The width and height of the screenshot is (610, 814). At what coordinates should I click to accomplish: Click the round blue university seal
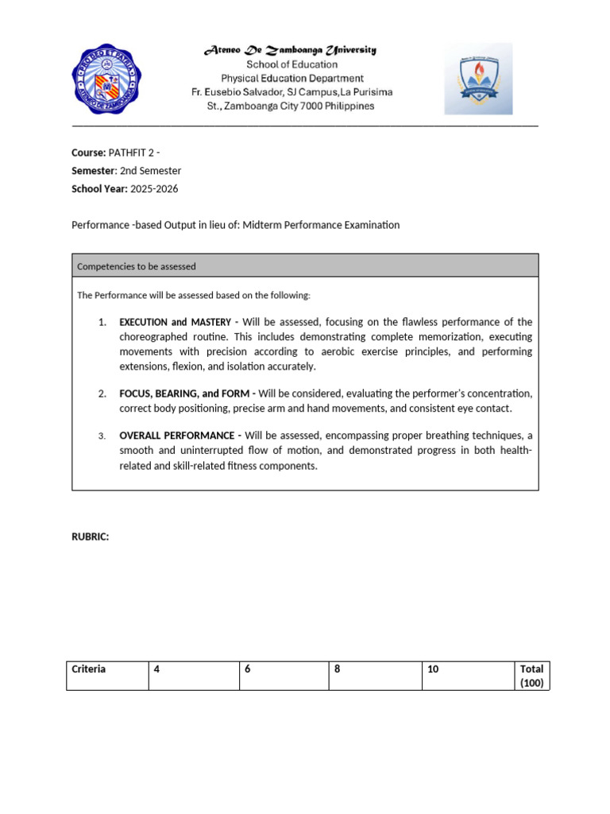coord(107,78)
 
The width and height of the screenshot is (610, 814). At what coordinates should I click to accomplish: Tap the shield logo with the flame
coord(478,78)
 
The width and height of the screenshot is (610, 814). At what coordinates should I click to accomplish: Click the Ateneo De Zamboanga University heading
coord(291,50)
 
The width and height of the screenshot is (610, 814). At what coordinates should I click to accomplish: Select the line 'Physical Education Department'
coord(291,78)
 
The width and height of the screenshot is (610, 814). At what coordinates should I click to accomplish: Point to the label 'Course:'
coord(88,153)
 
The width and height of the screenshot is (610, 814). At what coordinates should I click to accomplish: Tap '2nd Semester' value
coord(150,171)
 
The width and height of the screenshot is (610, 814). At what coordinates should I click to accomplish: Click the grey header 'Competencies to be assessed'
coord(137,266)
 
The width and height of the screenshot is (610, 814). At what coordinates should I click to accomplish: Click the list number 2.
coord(102,393)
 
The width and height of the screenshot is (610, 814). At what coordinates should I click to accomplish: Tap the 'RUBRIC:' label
coord(90,537)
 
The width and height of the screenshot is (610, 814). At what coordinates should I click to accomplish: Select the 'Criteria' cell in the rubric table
coord(89,669)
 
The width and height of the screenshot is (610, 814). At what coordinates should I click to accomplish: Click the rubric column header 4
coord(157,669)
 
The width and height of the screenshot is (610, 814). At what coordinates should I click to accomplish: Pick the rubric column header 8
coord(338,669)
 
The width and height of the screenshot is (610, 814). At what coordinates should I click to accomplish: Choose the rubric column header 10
coord(433,669)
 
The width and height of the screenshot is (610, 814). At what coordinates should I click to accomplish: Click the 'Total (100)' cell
coord(531,676)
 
